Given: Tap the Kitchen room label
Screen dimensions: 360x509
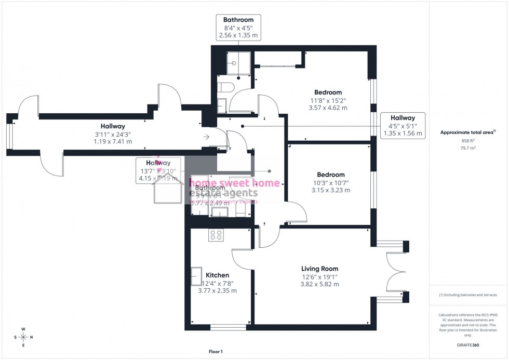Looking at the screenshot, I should [x=217, y=275].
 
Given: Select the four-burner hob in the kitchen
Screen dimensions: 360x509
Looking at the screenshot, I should [x=216, y=235].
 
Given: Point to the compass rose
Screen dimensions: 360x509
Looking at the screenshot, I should [x=23, y=337].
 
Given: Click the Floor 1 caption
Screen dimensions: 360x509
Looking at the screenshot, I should [x=215, y=352].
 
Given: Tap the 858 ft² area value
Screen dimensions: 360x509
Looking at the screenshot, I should [x=468, y=141].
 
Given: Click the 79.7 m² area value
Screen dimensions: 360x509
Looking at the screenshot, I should [x=468, y=148].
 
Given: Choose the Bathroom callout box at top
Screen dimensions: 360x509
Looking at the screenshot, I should [x=238, y=28].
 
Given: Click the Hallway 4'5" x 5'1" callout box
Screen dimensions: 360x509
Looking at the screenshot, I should [x=403, y=126].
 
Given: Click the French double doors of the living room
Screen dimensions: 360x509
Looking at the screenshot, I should [x=395, y=272].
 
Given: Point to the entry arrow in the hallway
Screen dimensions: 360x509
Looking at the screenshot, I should [x=206, y=137].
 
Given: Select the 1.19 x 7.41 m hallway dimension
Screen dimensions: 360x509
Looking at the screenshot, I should [x=113, y=141].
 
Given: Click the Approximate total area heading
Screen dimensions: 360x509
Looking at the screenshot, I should [x=467, y=132].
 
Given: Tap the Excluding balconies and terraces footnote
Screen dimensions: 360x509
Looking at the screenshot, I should [x=468, y=295].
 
